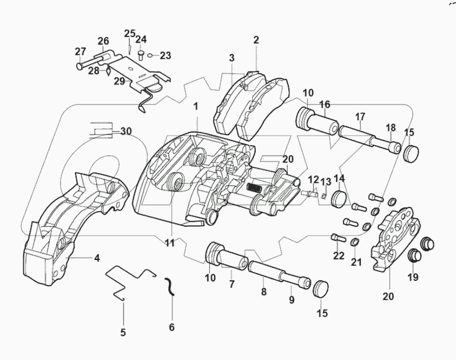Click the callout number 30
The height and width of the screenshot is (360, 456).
126,131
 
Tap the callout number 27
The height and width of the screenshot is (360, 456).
80,51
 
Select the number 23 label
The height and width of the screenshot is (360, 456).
165,55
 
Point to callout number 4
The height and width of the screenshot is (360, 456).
96,258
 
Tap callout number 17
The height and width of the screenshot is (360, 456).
360,117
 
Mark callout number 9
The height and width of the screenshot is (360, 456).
291,300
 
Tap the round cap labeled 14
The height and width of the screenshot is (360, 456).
339,198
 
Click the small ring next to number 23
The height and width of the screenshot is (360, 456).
150,55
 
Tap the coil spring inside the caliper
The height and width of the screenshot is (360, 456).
254,187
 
